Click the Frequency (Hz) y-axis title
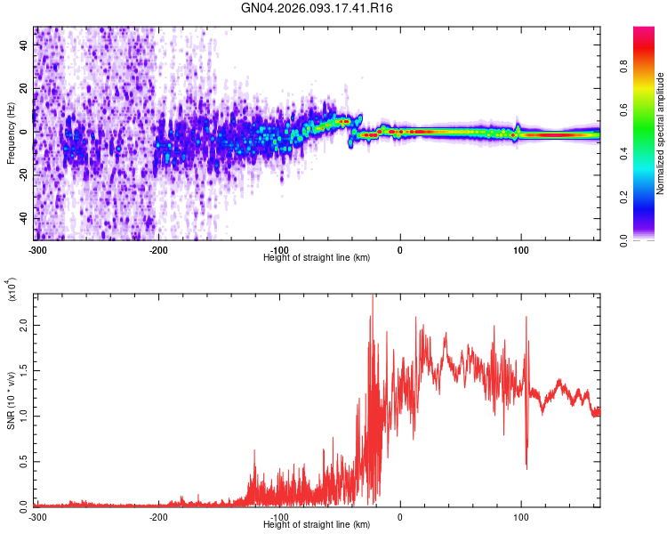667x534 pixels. [11, 133]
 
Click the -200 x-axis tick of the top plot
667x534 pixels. [159, 248]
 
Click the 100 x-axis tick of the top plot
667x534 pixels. [520, 248]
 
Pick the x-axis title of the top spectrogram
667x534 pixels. [317, 257]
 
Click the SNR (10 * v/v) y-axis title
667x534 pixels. [11, 400]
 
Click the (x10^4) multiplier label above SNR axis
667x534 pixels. [11, 289]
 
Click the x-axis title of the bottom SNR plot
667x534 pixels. [317, 524]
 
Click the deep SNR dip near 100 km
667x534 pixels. [526, 466]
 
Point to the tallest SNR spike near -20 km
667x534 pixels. [372, 297]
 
